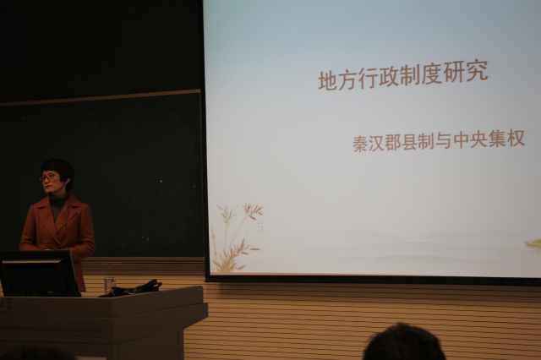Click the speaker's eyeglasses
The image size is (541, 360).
pyautogui.click(x=48, y=177)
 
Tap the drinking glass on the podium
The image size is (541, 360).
pyautogui.click(x=110, y=285)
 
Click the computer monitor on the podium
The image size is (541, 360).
pyautogui.click(x=39, y=273)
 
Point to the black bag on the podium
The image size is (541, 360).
pyautogui.click(x=132, y=289)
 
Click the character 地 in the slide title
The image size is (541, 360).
pyautogui.click(x=327, y=80)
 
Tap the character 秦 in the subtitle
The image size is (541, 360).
pyautogui.click(x=360, y=144)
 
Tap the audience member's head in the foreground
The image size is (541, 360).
pyautogui.click(x=403, y=342)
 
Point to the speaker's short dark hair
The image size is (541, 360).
pyautogui.click(x=59, y=170)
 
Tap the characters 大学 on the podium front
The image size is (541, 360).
pyautogui.click(x=6, y=303)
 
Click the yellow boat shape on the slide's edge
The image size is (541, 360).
pyautogui.click(x=533, y=243)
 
